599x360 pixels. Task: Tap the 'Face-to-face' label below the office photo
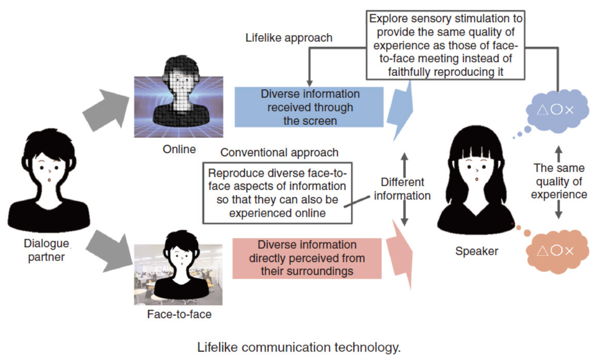(179, 314)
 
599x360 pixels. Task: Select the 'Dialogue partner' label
(47, 250)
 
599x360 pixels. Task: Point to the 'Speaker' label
(477, 251)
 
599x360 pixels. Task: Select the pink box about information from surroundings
(307, 258)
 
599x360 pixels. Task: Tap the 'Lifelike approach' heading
(289, 38)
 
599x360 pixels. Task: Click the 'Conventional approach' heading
(279, 153)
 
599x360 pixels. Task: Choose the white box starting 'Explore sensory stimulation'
(446, 45)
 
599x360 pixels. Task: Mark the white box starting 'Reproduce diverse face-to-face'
(277, 193)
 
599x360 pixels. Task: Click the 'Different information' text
(402, 189)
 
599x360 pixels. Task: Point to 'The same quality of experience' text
(559, 182)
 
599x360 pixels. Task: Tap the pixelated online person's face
(182, 83)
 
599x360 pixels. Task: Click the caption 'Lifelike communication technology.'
(299, 347)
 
